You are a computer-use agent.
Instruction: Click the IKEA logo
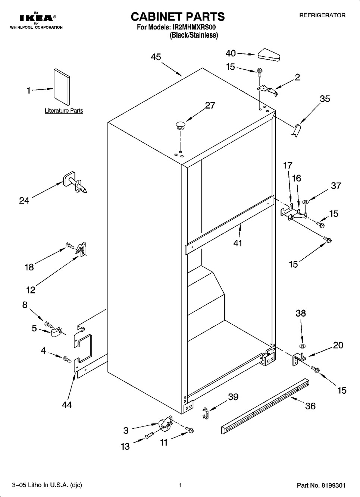tap(37, 18)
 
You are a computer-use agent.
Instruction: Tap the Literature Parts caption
tap(64, 110)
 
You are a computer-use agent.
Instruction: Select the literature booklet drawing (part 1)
tap(62, 87)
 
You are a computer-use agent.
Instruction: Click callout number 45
tap(156, 57)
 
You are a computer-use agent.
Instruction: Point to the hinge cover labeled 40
tap(269, 54)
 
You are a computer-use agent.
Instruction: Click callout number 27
tap(210, 106)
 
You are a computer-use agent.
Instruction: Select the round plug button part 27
tap(180, 125)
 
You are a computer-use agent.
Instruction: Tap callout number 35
tap(325, 99)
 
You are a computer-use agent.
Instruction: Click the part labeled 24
tap(74, 182)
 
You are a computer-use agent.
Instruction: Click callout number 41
tap(238, 243)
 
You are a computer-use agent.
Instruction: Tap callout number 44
tap(67, 405)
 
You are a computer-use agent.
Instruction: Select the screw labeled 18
tap(70, 246)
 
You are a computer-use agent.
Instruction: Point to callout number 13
tap(125, 446)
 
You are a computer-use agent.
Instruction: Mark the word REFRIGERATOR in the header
tap(322, 15)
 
